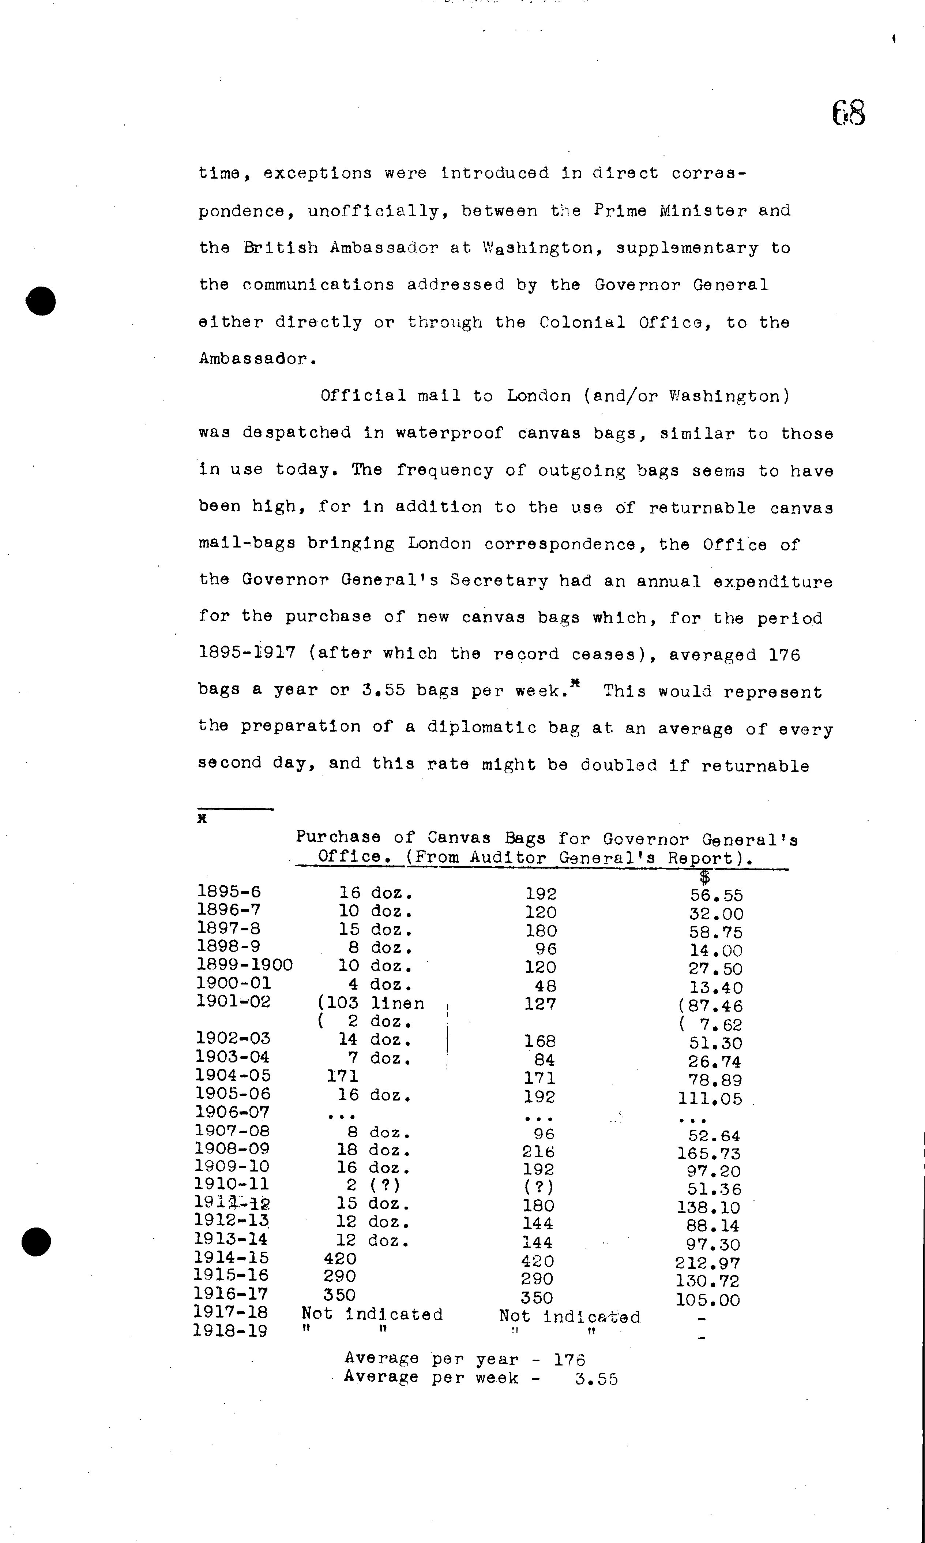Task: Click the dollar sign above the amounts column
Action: [x=704, y=877]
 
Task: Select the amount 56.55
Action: [x=716, y=896]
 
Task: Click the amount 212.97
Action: [x=707, y=1264]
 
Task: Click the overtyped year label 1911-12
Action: [x=231, y=1203]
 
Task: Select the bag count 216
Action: [x=538, y=1152]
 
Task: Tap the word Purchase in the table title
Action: [x=338, y=837]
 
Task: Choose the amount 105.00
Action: [x=707, y=1300]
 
